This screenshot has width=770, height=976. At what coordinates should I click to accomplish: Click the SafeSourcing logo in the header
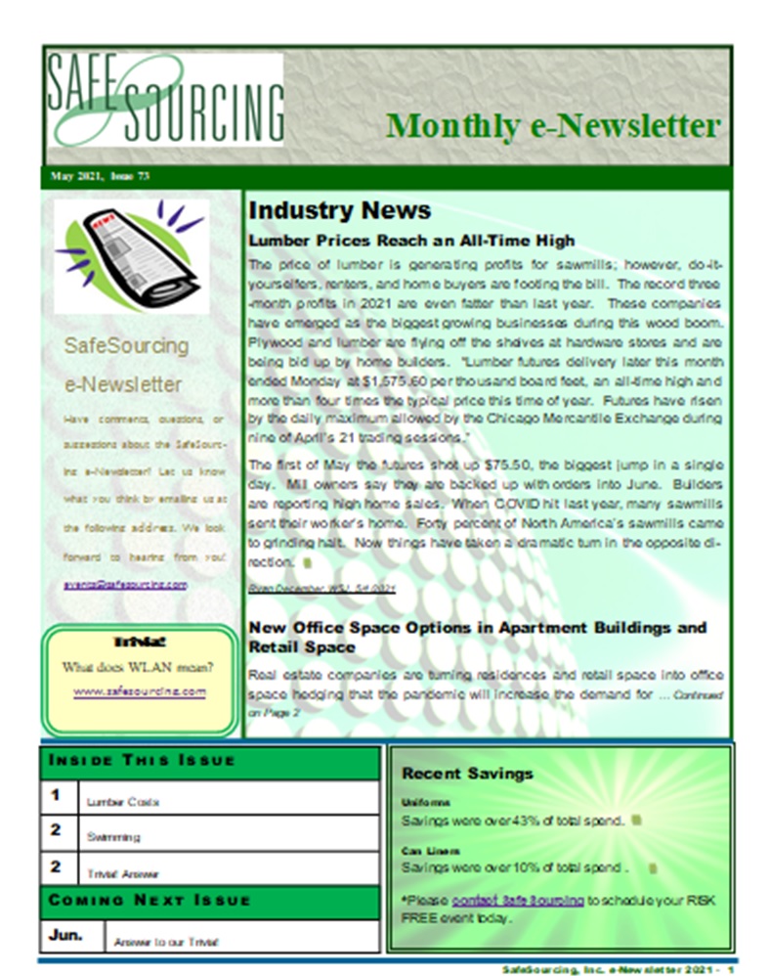(164, 100)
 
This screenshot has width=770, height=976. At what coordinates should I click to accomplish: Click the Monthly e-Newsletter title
(552, 126)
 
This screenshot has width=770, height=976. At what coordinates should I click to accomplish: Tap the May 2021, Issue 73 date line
(95, 177)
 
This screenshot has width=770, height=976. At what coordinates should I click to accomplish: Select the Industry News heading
(339, 210)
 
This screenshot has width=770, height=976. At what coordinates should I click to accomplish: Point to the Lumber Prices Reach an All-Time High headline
(411, 240)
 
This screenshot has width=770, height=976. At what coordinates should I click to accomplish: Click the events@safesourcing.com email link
(125, 583)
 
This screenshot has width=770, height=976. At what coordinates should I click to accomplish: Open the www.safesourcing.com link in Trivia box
(140, 690)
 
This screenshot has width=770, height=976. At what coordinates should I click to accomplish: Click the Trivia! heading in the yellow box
(140, 643)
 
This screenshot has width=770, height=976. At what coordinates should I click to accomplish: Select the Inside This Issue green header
(143, 761)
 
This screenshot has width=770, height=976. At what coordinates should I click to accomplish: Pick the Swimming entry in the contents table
(113, 837)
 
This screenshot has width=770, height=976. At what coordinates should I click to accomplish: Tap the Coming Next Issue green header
(150, 900)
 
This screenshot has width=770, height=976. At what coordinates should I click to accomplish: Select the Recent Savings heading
(467, 773)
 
